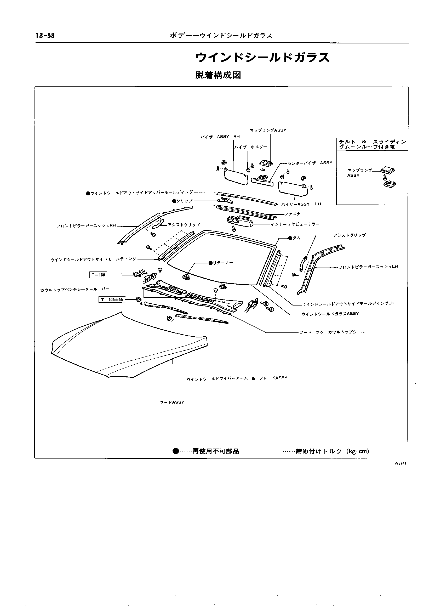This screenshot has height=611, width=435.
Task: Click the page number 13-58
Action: (x=45, y=36)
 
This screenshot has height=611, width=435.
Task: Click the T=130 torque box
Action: (x=98, y=274)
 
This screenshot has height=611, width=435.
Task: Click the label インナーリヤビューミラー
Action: (x=295, y=224)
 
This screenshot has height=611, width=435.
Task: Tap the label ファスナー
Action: (x=294, y=214)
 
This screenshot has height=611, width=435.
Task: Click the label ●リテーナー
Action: (x=221, y=263)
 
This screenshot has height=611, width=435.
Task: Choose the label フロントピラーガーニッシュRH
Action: (x=86, y=226)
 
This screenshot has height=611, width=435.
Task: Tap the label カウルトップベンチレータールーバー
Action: (x=75, y=290)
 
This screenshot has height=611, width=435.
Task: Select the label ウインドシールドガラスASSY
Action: (x=330, y=314)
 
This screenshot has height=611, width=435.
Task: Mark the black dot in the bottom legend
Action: (x=176, y=451)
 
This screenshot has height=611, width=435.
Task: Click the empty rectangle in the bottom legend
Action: (x=274, y=451)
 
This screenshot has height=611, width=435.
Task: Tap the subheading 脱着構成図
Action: (x=218, y=75)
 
